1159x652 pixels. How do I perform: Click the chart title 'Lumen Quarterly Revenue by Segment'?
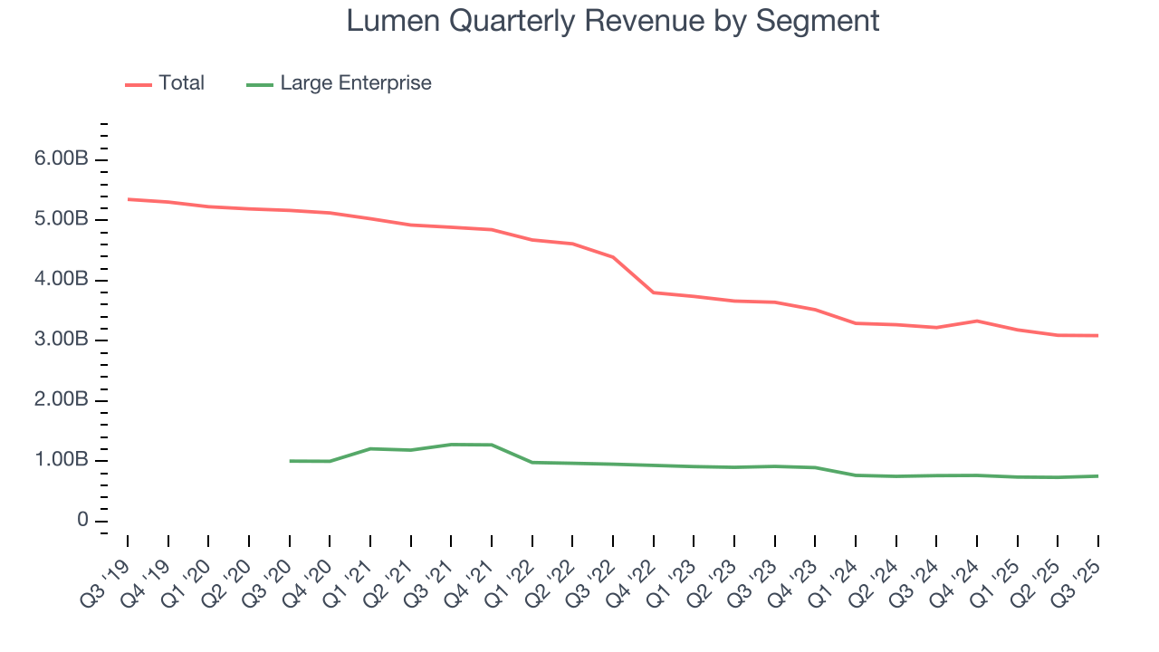point(613,21)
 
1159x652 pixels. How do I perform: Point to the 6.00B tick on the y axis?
point(62,159)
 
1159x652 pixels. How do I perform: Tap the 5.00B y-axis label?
point(62,220)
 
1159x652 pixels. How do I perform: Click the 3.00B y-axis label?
point(62,340)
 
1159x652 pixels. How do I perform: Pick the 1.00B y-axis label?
point(62,460)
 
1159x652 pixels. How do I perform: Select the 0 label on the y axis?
point(82,521)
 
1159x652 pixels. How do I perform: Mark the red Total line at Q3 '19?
point(128,199)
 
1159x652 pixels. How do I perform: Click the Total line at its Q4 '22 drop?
point(653,292)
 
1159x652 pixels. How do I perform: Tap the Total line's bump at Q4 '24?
point(977,321)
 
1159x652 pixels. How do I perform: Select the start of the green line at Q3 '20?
point(290,461)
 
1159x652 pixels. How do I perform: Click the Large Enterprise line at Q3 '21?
point(451,445)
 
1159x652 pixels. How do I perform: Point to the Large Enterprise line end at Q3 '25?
point(1097,476)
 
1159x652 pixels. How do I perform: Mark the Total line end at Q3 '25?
point(1097,336)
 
